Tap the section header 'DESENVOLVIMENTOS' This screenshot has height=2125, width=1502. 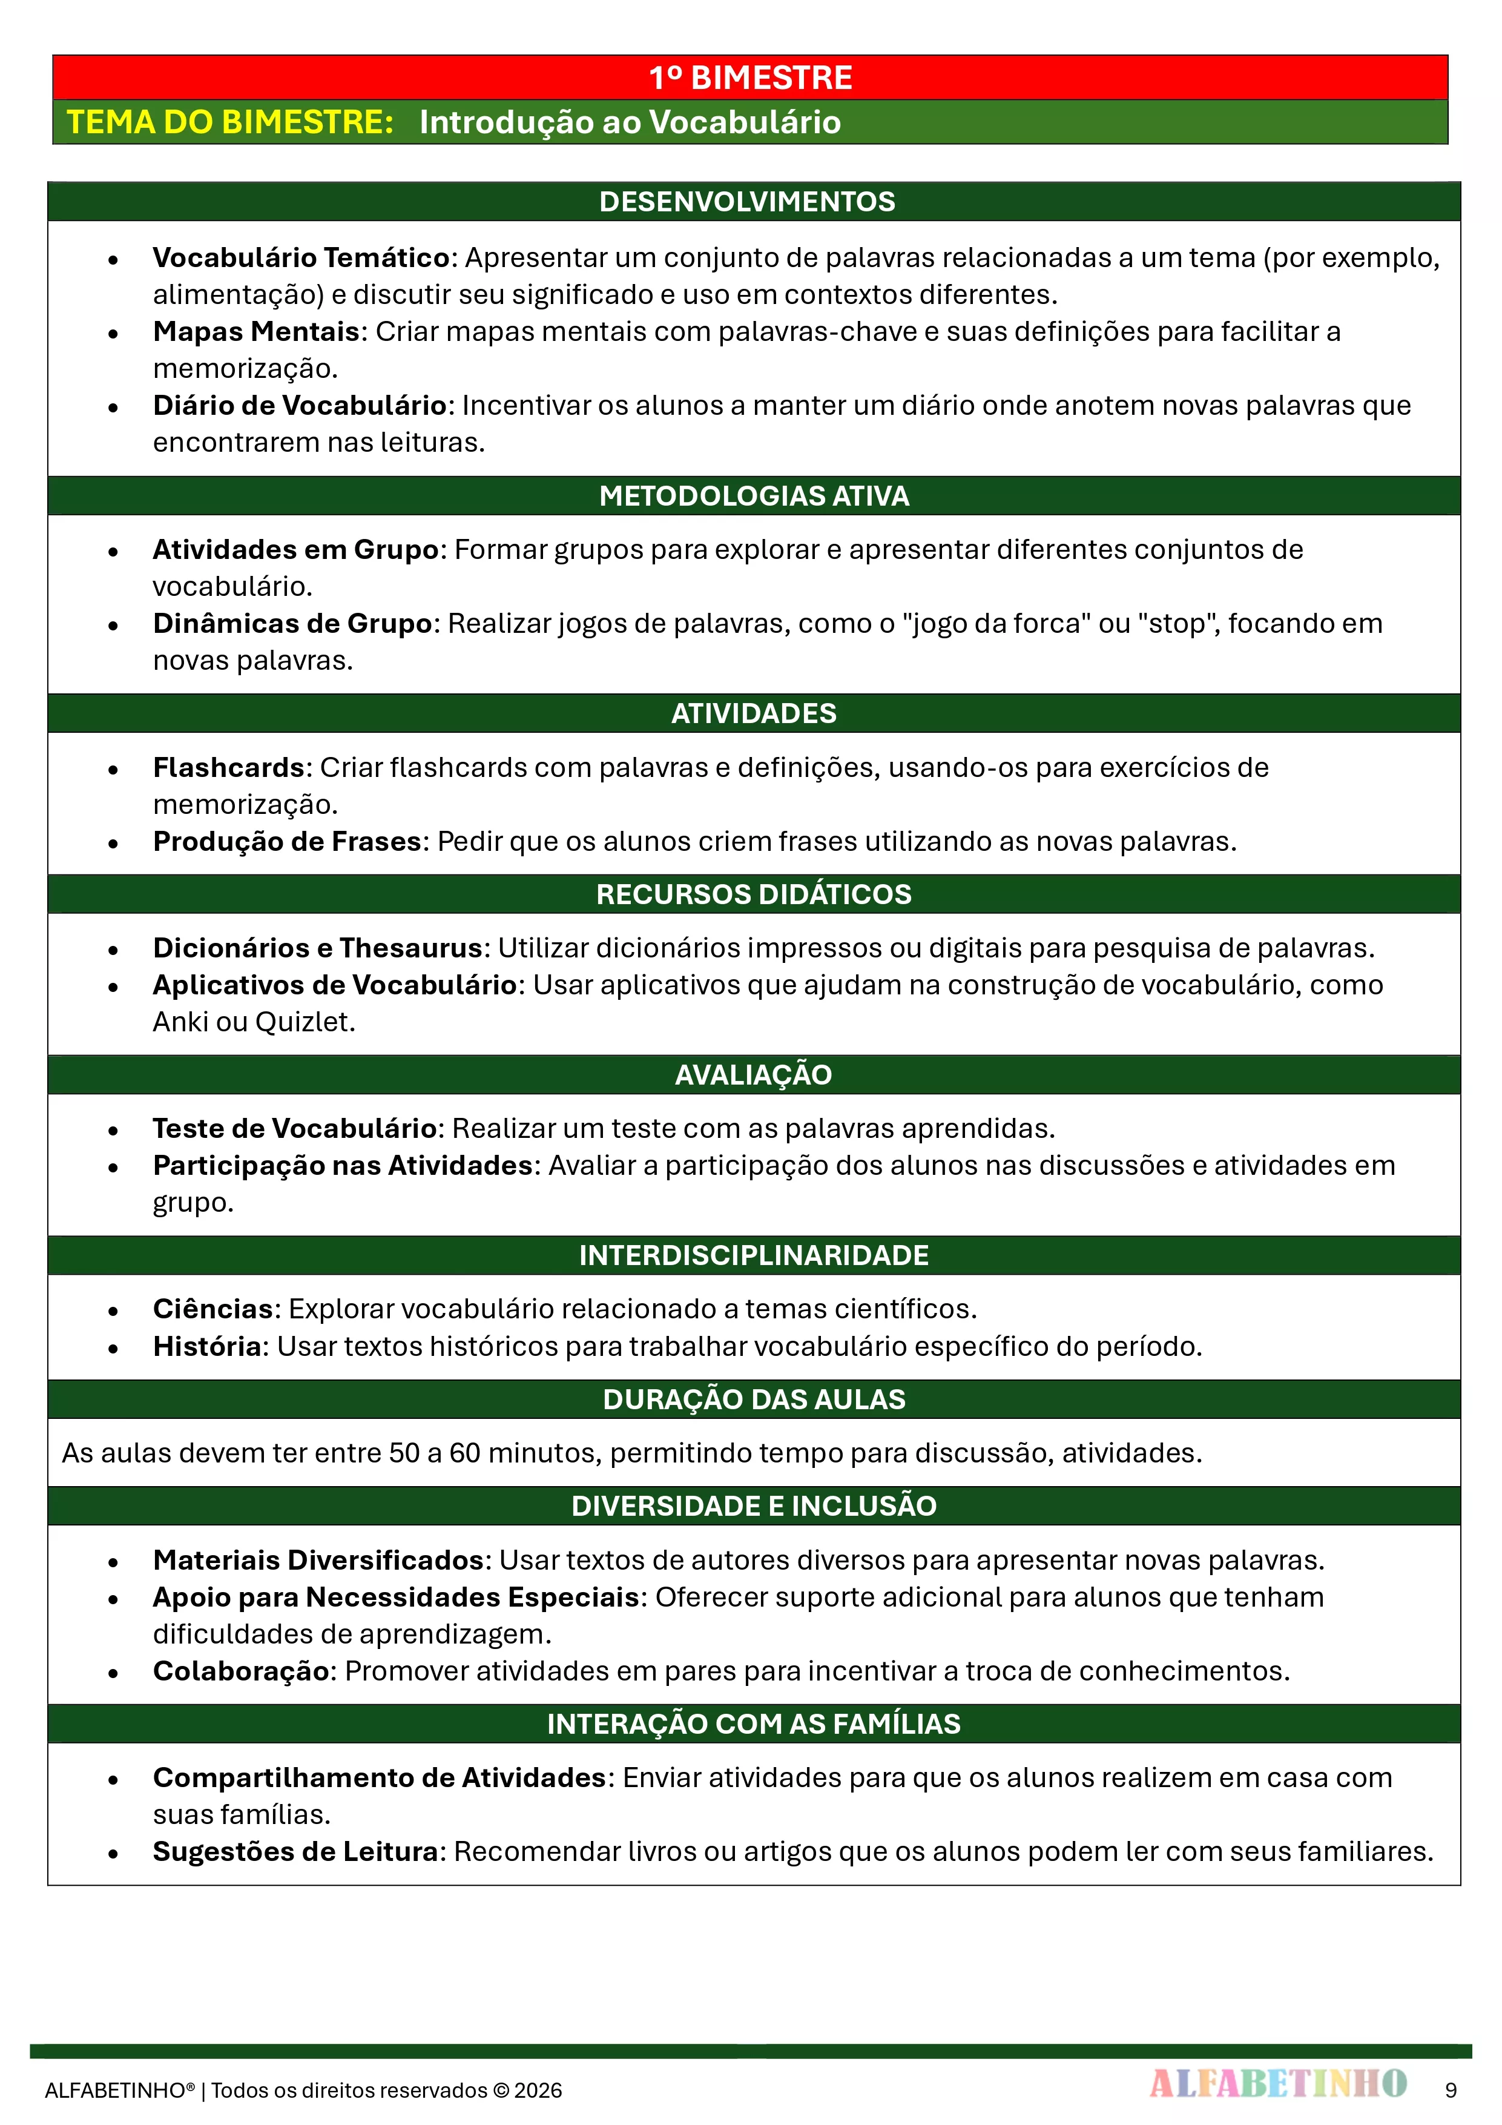pyautogui.click(x=747, y=202)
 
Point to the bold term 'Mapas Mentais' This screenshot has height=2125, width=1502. pyautogui.click(x=256, y=331)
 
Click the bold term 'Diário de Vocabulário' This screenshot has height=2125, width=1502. pyautogui.click(x=300, y=405)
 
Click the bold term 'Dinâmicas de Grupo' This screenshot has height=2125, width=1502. pyautogui.click(x=292, y=624)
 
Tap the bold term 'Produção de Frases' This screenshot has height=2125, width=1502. pyautogui.click(x=287, y=841)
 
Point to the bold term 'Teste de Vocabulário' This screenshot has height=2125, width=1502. pyautogui.click(x=294, y=1128)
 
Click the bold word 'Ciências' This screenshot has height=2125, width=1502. pyautogui.click(x=213, y=1309)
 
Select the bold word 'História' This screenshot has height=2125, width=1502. pyautogui.click(x=207, y=1346)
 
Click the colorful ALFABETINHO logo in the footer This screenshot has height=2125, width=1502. pyautogui.click(x=1278, y=2083)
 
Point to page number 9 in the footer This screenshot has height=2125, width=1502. pyautogui.click(x=1450, y=2090)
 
